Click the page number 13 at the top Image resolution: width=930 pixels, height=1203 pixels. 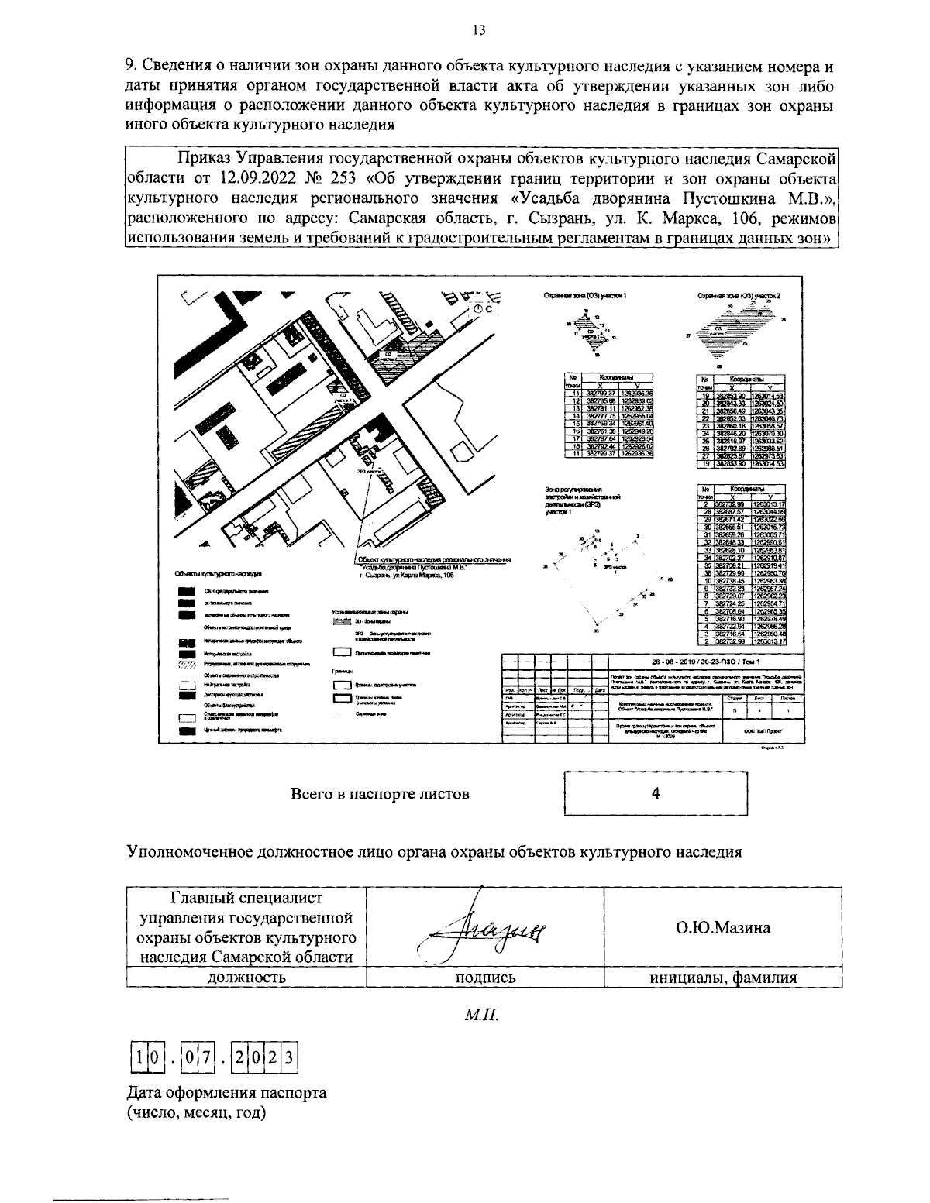478,30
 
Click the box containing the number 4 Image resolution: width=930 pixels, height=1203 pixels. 656,793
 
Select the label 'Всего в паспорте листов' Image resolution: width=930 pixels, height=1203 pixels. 380,794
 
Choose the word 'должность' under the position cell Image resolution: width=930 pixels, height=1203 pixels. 246,978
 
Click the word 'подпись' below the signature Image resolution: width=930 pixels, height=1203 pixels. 485,978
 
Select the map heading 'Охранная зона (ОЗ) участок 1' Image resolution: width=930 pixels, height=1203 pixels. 584,296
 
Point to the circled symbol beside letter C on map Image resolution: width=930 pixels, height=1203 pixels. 478,308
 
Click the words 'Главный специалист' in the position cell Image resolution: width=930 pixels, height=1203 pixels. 245,898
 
